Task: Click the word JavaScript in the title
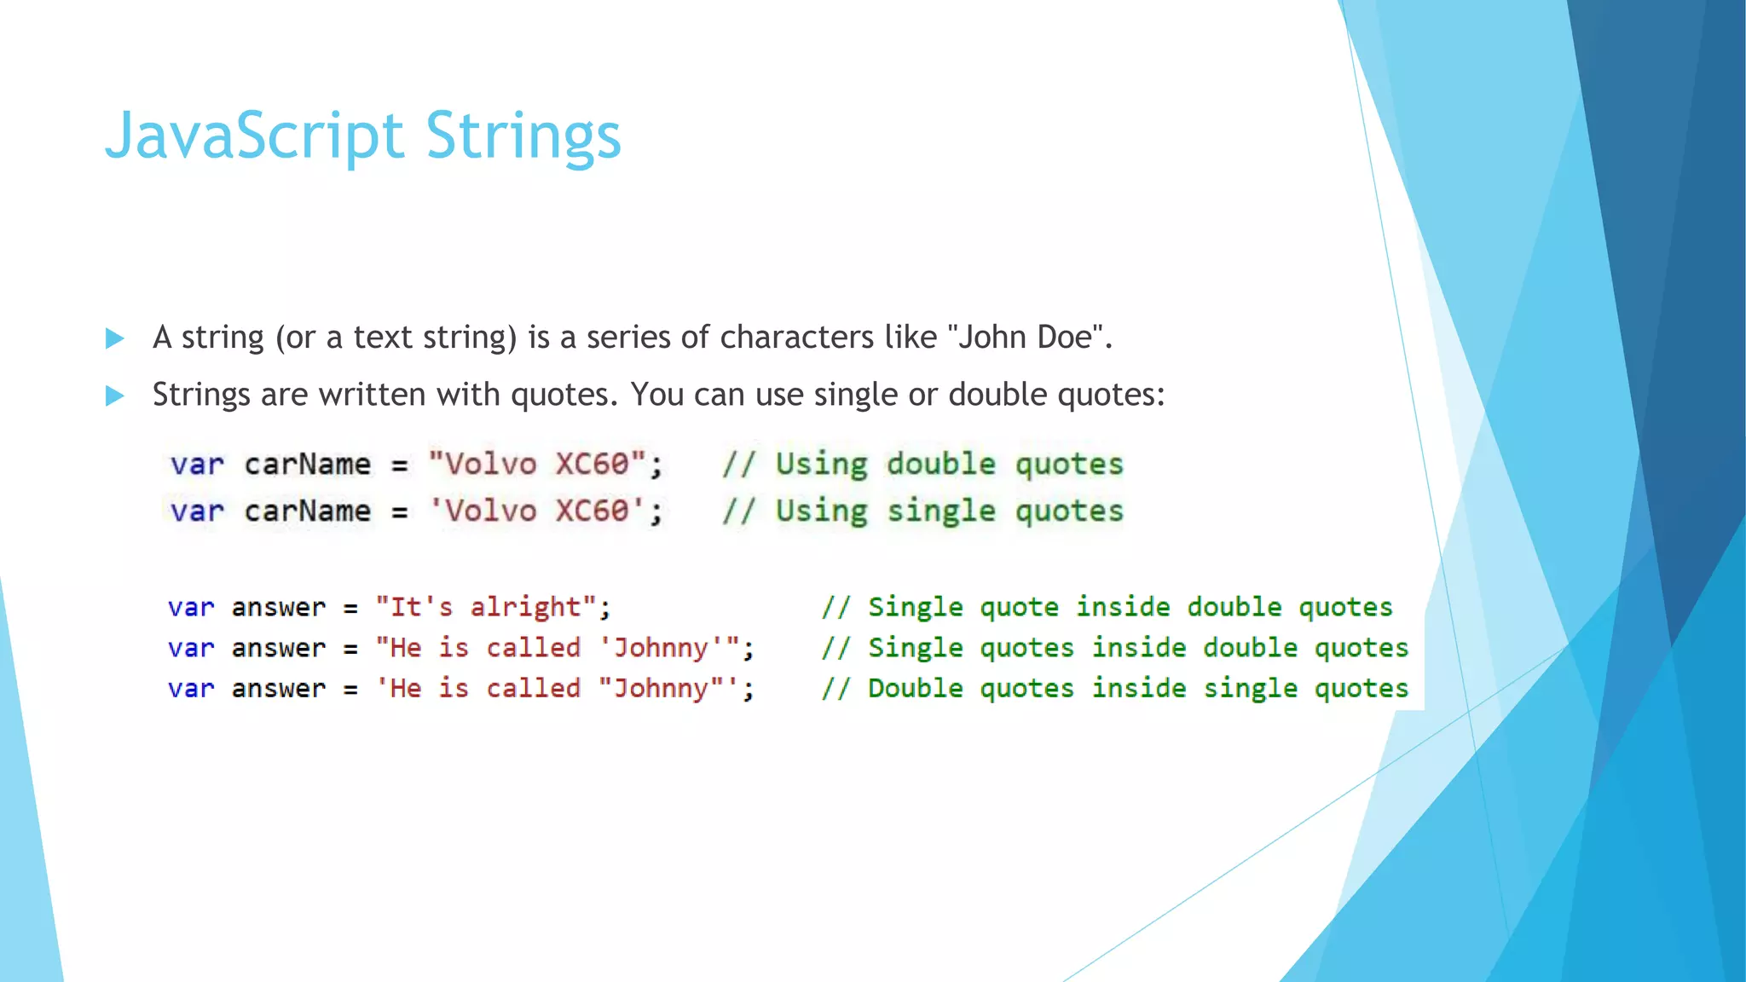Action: (253, 136)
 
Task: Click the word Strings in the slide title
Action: (523, 136)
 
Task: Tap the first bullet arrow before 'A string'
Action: (115, 339)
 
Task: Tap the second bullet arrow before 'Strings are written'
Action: (115, 396)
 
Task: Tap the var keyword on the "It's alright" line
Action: (191, 608)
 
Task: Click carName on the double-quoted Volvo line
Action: (308, 465)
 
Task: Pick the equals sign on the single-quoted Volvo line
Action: (400, 512)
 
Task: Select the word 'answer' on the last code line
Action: (279, 689)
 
